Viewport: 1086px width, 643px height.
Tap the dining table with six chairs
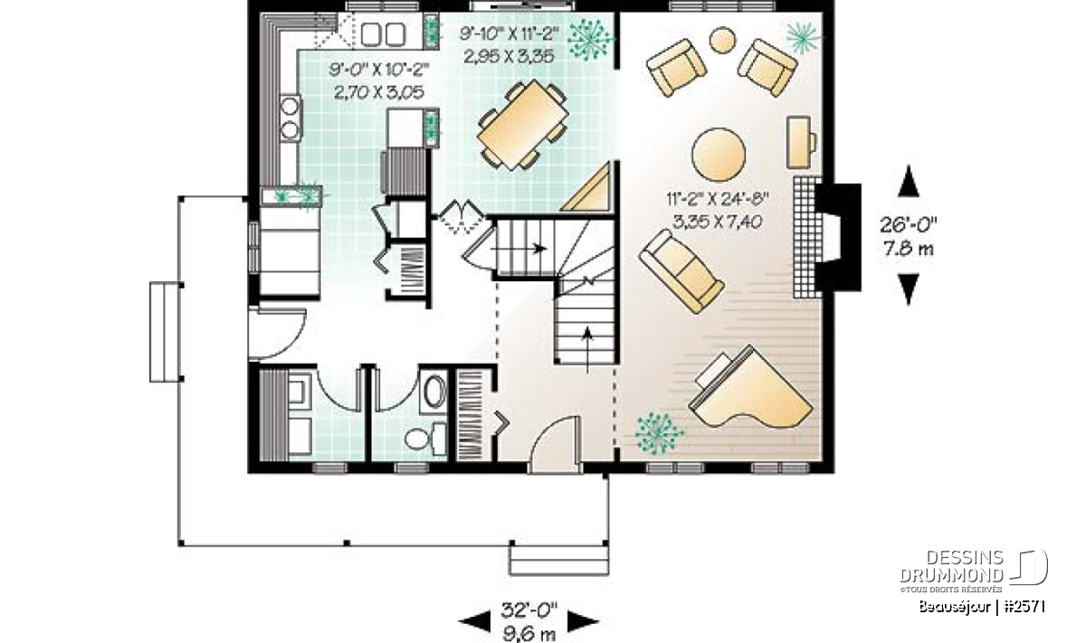(522, 125)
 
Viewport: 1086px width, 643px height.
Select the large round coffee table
(718, 155)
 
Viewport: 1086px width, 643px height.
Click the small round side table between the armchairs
(722, 40)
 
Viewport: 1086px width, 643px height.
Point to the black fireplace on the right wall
(838, 238)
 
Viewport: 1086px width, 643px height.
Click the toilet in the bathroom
(425, 439)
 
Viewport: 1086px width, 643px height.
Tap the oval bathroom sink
(435, 391)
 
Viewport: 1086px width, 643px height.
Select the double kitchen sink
(383, 34)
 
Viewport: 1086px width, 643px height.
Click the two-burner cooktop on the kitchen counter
(290, 118)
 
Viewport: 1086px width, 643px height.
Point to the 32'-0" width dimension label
(529, 610)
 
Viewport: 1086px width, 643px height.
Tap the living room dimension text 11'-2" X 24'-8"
(717, 199)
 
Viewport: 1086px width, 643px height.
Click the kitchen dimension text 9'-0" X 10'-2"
(379, 71)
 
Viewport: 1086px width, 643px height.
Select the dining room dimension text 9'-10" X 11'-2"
(509, 34)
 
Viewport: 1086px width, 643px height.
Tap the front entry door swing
(555, 443)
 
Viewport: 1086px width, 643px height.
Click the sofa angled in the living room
(681, 271)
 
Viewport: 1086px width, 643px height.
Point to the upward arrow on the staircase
(587, 349)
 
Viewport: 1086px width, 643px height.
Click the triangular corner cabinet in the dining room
(586, 187)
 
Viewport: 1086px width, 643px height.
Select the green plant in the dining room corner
(590, 39)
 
